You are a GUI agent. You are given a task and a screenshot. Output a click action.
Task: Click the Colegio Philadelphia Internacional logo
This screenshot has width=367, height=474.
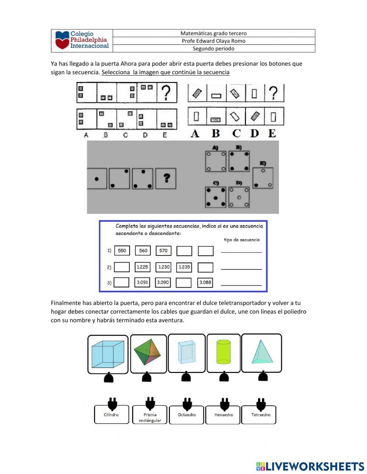click(x=82, y=40)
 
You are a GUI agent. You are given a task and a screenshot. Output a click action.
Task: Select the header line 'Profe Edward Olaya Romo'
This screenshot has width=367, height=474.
click(x=213, y=41)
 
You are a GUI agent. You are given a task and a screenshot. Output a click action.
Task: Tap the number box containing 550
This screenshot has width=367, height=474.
click(x=122, y=251)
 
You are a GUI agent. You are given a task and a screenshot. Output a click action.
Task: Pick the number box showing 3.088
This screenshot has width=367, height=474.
click(x=205, y=282)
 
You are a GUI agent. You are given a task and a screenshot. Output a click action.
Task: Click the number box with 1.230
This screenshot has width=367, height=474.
click(x=164, y=267)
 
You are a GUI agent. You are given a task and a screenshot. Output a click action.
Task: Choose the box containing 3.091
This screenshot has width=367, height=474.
click(x=142, y=282)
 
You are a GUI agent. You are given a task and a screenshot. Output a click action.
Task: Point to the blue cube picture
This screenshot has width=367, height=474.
click(x=108, y=354)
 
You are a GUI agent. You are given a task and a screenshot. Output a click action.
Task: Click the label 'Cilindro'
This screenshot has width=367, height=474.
click(x=111, y=415)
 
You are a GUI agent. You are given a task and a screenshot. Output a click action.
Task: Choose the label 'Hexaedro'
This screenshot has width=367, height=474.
click(x=224, y=415)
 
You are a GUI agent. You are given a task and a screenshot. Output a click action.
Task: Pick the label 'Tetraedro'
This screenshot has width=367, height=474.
click(x=261, y=415)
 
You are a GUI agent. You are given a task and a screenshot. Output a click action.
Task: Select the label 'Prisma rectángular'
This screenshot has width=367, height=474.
click(x=150, y=417)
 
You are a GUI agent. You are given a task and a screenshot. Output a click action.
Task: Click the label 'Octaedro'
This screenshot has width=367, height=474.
click(x=187, y=415)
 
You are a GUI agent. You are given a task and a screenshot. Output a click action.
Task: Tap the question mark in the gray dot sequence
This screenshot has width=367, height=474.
click(x=166, y=178)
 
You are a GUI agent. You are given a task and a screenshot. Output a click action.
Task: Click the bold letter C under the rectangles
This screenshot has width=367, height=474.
click(x=236, y=133)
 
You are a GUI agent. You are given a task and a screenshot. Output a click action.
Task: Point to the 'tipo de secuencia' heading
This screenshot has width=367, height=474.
click(x=241, y=240)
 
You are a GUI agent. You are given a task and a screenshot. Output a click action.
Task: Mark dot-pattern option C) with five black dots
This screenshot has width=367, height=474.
click(x=215, y=198)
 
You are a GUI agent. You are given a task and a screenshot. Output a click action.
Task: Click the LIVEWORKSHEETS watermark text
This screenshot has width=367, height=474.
click(x=315, y=466)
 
